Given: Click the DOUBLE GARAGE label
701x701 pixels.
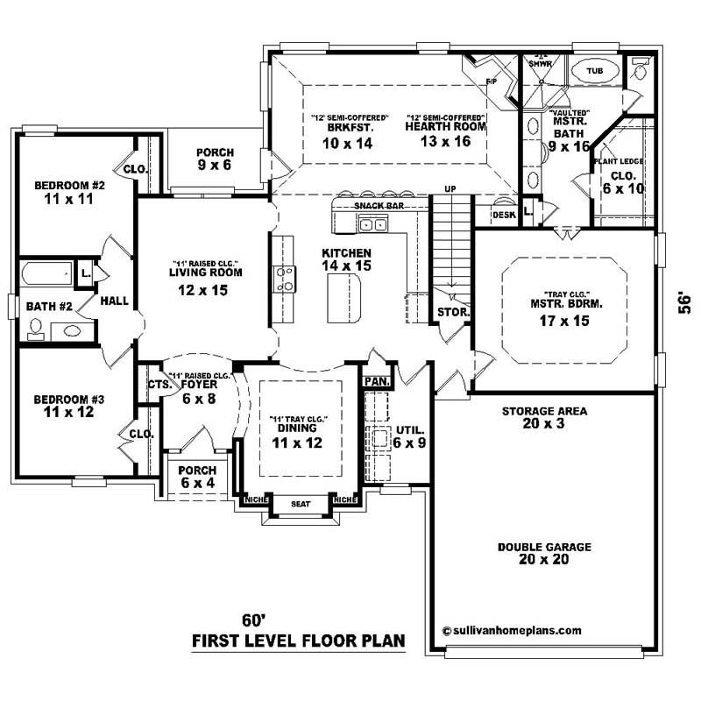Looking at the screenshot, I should point(544,547).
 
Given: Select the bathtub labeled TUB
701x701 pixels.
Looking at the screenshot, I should point(594,70).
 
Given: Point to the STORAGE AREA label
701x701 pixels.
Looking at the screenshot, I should point(544,410).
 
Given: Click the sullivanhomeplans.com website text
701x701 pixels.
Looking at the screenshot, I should point(512,629).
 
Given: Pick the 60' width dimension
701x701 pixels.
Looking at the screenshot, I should point(254,620).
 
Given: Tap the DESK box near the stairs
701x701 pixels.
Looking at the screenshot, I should point(503,213).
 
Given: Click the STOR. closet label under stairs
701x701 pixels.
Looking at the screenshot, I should point(453,311).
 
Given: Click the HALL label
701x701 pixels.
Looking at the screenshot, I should point(114,301).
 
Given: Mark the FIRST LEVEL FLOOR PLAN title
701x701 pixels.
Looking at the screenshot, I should point(299,641).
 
